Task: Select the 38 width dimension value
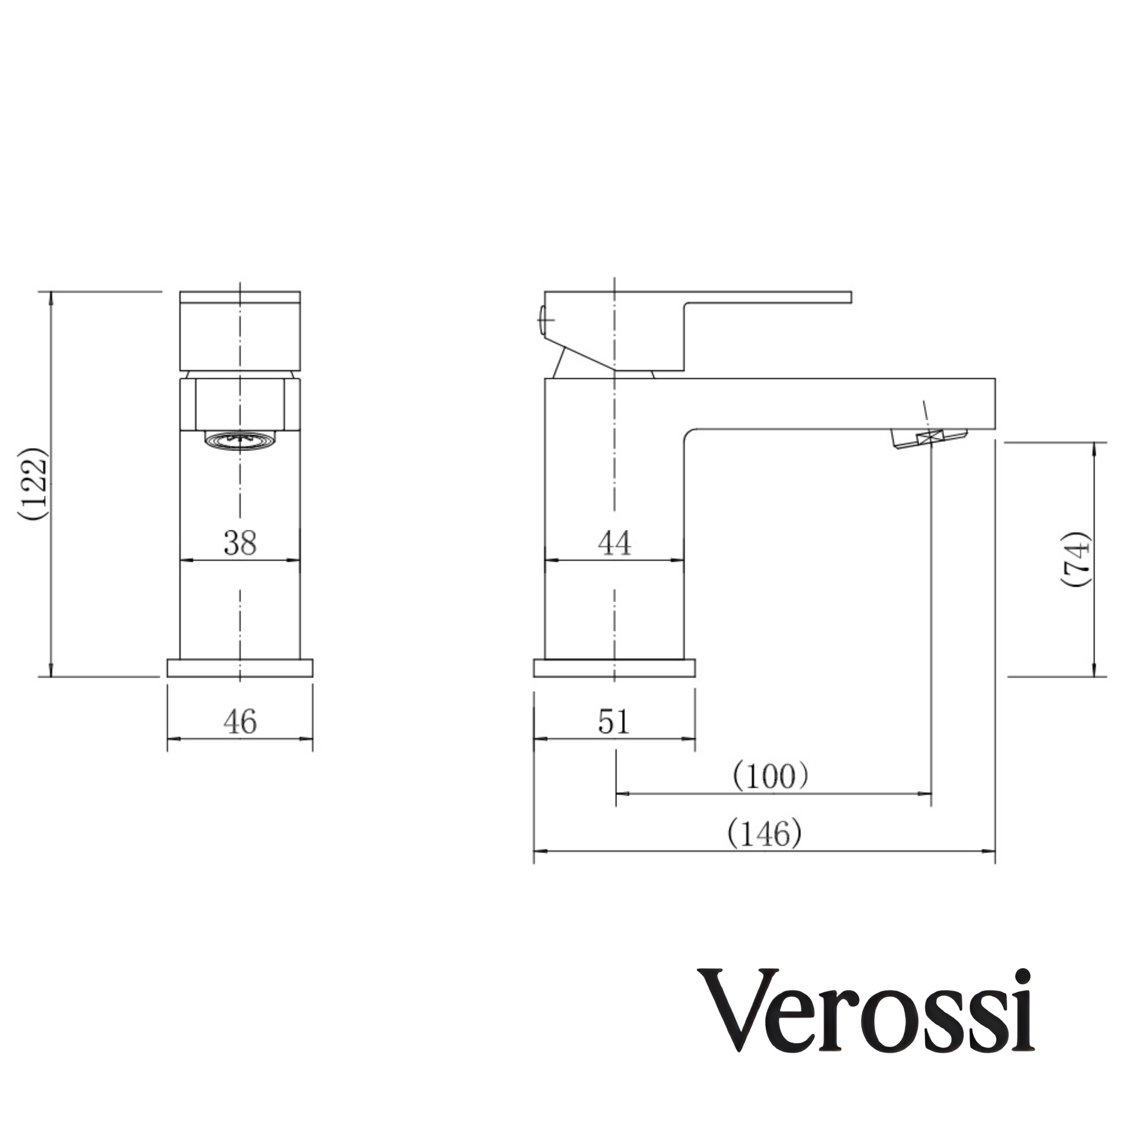[240, 543]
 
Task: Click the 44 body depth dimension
[614, 543]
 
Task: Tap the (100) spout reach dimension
[770, 776]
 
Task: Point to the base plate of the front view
[240, 668]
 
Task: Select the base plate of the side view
[614, 668]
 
